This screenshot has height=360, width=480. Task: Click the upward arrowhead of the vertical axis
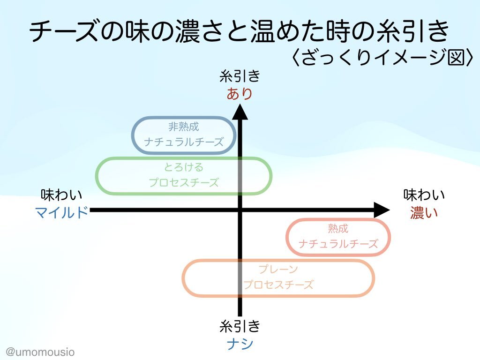pyautogui.click(x=240, y=112)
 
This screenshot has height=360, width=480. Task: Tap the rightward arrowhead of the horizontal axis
pyautogui.click(x=382, y=210)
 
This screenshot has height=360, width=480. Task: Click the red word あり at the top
pyautogui.click(x=240, y=94)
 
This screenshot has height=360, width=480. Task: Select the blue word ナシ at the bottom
pyautogui.click(x=240, y=344)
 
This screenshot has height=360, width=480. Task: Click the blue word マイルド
pyautogui.click(x=61, y=212)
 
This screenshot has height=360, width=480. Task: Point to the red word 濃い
pyautogui.click(x=424, y=213)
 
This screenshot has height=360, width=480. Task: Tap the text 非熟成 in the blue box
pyautogui.click(x=184, y=127)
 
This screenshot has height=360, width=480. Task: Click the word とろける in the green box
pyautogui.click(x=184, y=167)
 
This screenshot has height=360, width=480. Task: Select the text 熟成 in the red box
pyautogui.click(x=338, y=228)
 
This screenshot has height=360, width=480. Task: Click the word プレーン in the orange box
pyautogui.click(x=278, y=270)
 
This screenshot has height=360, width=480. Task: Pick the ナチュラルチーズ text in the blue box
pyautogui.click(x=184, y=142)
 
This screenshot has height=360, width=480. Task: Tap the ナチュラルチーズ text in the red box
pyautogui.click(x=338, y=244)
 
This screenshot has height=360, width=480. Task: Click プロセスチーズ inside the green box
pyautogui.click(x=184, y=183)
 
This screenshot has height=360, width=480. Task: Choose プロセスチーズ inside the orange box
pyautogui.click(x=278, y=285)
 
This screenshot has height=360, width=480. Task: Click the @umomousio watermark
pyautogui.click(x=40, y=352)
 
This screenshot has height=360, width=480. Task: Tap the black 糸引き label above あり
pyautogui.click(x=240, y=76)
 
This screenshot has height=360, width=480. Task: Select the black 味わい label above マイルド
pyautogui.click(x=61, y=195)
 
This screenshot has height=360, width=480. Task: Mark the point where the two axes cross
pyautogui.click(x=240, y=210)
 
